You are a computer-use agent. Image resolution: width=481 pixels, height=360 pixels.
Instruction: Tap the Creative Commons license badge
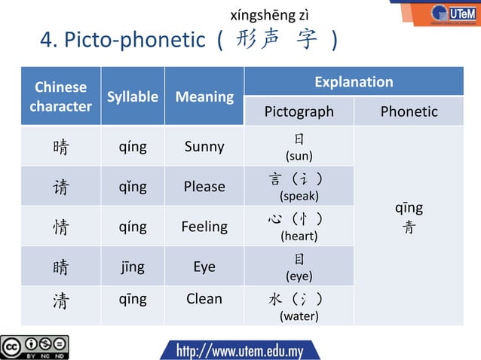(x=35, y=346)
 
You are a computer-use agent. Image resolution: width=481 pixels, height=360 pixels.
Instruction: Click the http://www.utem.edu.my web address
(x=240, y=350)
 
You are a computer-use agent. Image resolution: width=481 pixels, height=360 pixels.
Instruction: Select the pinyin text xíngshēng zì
(x=269, y=16)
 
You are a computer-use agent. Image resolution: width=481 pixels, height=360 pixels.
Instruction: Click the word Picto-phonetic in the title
(x=134, y=39)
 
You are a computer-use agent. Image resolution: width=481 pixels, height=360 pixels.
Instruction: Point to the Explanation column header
(x=354, y=81)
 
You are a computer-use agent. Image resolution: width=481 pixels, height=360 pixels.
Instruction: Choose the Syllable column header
(x=133, y=96)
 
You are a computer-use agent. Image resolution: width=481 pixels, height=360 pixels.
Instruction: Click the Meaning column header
(x=204, y=96)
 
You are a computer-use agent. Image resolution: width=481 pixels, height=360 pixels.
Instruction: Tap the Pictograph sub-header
(x=299, y=111)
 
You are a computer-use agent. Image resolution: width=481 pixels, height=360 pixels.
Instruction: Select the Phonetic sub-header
(x=409, y=111)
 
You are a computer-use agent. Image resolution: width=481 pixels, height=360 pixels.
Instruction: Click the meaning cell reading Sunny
(x=204, y=146)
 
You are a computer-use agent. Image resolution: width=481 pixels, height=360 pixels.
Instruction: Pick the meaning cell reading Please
(x=204, y=186)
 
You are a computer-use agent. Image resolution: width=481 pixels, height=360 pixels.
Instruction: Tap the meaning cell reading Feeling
(x=204, y=226)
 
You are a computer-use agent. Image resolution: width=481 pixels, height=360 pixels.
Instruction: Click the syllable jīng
(x=132, y=267)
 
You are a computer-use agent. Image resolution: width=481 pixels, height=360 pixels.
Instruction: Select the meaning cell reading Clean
(x=204, y=299)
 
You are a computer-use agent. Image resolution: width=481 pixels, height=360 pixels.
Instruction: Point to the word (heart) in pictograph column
(x=299, y=236)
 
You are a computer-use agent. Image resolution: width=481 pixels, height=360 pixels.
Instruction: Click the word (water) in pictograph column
(x=299, y=316)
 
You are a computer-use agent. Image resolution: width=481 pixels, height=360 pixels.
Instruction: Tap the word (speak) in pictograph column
(x=299, y=197)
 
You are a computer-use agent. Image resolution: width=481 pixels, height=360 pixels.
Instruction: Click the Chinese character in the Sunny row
(x=60, y=147)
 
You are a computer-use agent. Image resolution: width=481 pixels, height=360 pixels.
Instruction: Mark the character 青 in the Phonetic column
(x=409, y=227)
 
